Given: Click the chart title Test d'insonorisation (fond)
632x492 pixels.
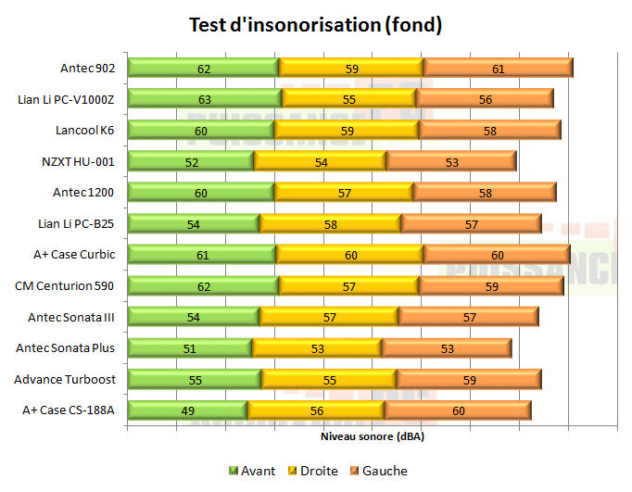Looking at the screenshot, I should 315,25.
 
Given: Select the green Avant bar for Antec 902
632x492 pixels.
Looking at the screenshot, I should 203,68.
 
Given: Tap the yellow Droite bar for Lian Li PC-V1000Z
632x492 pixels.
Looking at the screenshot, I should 348,99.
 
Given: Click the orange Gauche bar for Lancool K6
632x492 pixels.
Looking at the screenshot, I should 489,131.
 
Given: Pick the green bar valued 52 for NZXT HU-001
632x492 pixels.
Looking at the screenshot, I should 190,162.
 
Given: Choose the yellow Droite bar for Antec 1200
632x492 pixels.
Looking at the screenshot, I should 343,193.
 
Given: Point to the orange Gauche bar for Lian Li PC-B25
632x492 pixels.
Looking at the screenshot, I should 471,224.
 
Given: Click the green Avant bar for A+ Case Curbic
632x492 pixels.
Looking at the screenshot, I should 202,255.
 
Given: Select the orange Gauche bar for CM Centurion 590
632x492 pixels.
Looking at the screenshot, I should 491,286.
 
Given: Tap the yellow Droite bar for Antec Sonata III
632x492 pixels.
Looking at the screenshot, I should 329,318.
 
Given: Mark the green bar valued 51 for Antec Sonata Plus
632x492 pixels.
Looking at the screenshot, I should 189,348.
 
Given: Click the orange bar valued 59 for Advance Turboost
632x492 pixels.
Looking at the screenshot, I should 469,380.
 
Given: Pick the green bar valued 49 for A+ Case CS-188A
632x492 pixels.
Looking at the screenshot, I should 187,410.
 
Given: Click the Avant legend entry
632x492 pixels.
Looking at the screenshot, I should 252,471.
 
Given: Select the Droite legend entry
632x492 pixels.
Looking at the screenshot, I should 312,471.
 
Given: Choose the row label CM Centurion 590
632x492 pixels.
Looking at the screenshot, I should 65,286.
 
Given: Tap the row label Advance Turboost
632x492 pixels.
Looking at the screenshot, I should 65,380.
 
